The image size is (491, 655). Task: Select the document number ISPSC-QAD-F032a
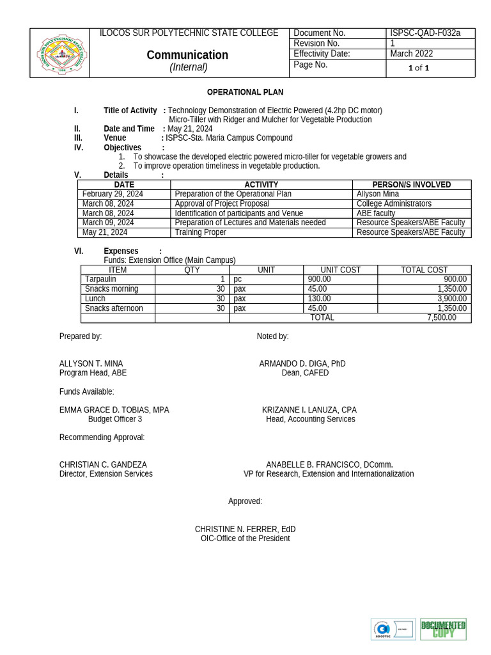click(x=425, y=33)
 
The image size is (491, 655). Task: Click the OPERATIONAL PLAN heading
click(x=245, y=92)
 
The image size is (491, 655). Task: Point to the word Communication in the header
click(x=187, y=55)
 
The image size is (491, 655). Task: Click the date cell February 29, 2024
click(x=113, y=194)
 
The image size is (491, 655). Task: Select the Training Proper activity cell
click(x=200, y=232)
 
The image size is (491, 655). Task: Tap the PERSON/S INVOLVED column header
click(x=411, y=184)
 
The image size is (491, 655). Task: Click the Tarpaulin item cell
click(x=100, y=279)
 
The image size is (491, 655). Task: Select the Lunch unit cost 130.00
click(x=320, y=299)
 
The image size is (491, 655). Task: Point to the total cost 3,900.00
click(x=451, y=299)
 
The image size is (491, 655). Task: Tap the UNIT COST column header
click(x=340, y=270)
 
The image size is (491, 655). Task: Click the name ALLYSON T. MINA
click(x=91, y=363)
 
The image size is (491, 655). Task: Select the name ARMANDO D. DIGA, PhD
click(x=302, y=363)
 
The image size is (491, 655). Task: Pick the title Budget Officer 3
click(x=115, y=419)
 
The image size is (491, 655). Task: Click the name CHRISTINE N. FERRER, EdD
click(x=245, y=529)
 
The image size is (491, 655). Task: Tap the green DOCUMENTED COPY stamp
click(x=442, y=629)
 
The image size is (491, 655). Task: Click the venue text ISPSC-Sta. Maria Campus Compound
click(x=229, y=138)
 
